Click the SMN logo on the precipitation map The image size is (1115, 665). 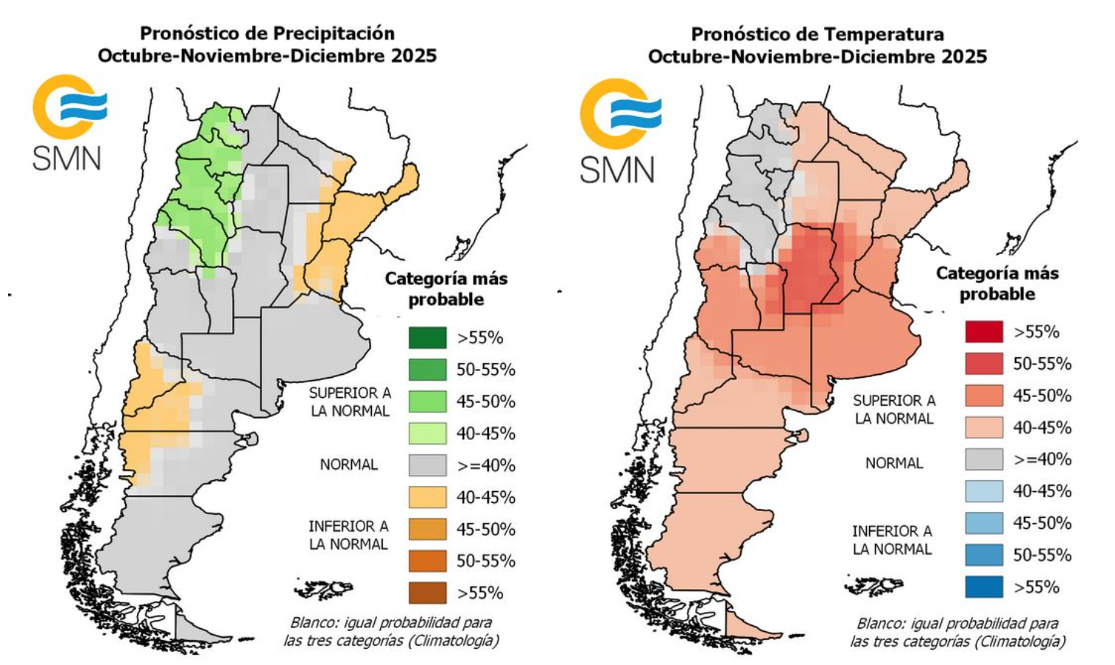click(68, 122)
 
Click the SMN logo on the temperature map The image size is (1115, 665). click(619, 130)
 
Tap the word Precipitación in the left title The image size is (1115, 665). click(334, 33)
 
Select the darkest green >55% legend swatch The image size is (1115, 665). click(427, 338)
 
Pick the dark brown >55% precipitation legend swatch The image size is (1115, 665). click(427, 593)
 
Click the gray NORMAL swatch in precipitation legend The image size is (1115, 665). click(427, 465)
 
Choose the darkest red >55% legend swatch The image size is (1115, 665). click(984, 332)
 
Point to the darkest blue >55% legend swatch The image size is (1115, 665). click(984, 587)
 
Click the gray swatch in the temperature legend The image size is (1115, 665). click(984, 460)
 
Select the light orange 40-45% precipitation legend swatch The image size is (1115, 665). click(427, 497)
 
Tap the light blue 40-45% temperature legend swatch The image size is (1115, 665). click(984, 491)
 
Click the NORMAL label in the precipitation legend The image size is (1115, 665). click(348, 465)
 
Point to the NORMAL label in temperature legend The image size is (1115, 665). click(893, 463)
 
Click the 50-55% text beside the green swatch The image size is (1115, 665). click(485, 370)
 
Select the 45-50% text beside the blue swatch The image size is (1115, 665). click(1041, 524)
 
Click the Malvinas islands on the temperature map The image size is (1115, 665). click(873, 586)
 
